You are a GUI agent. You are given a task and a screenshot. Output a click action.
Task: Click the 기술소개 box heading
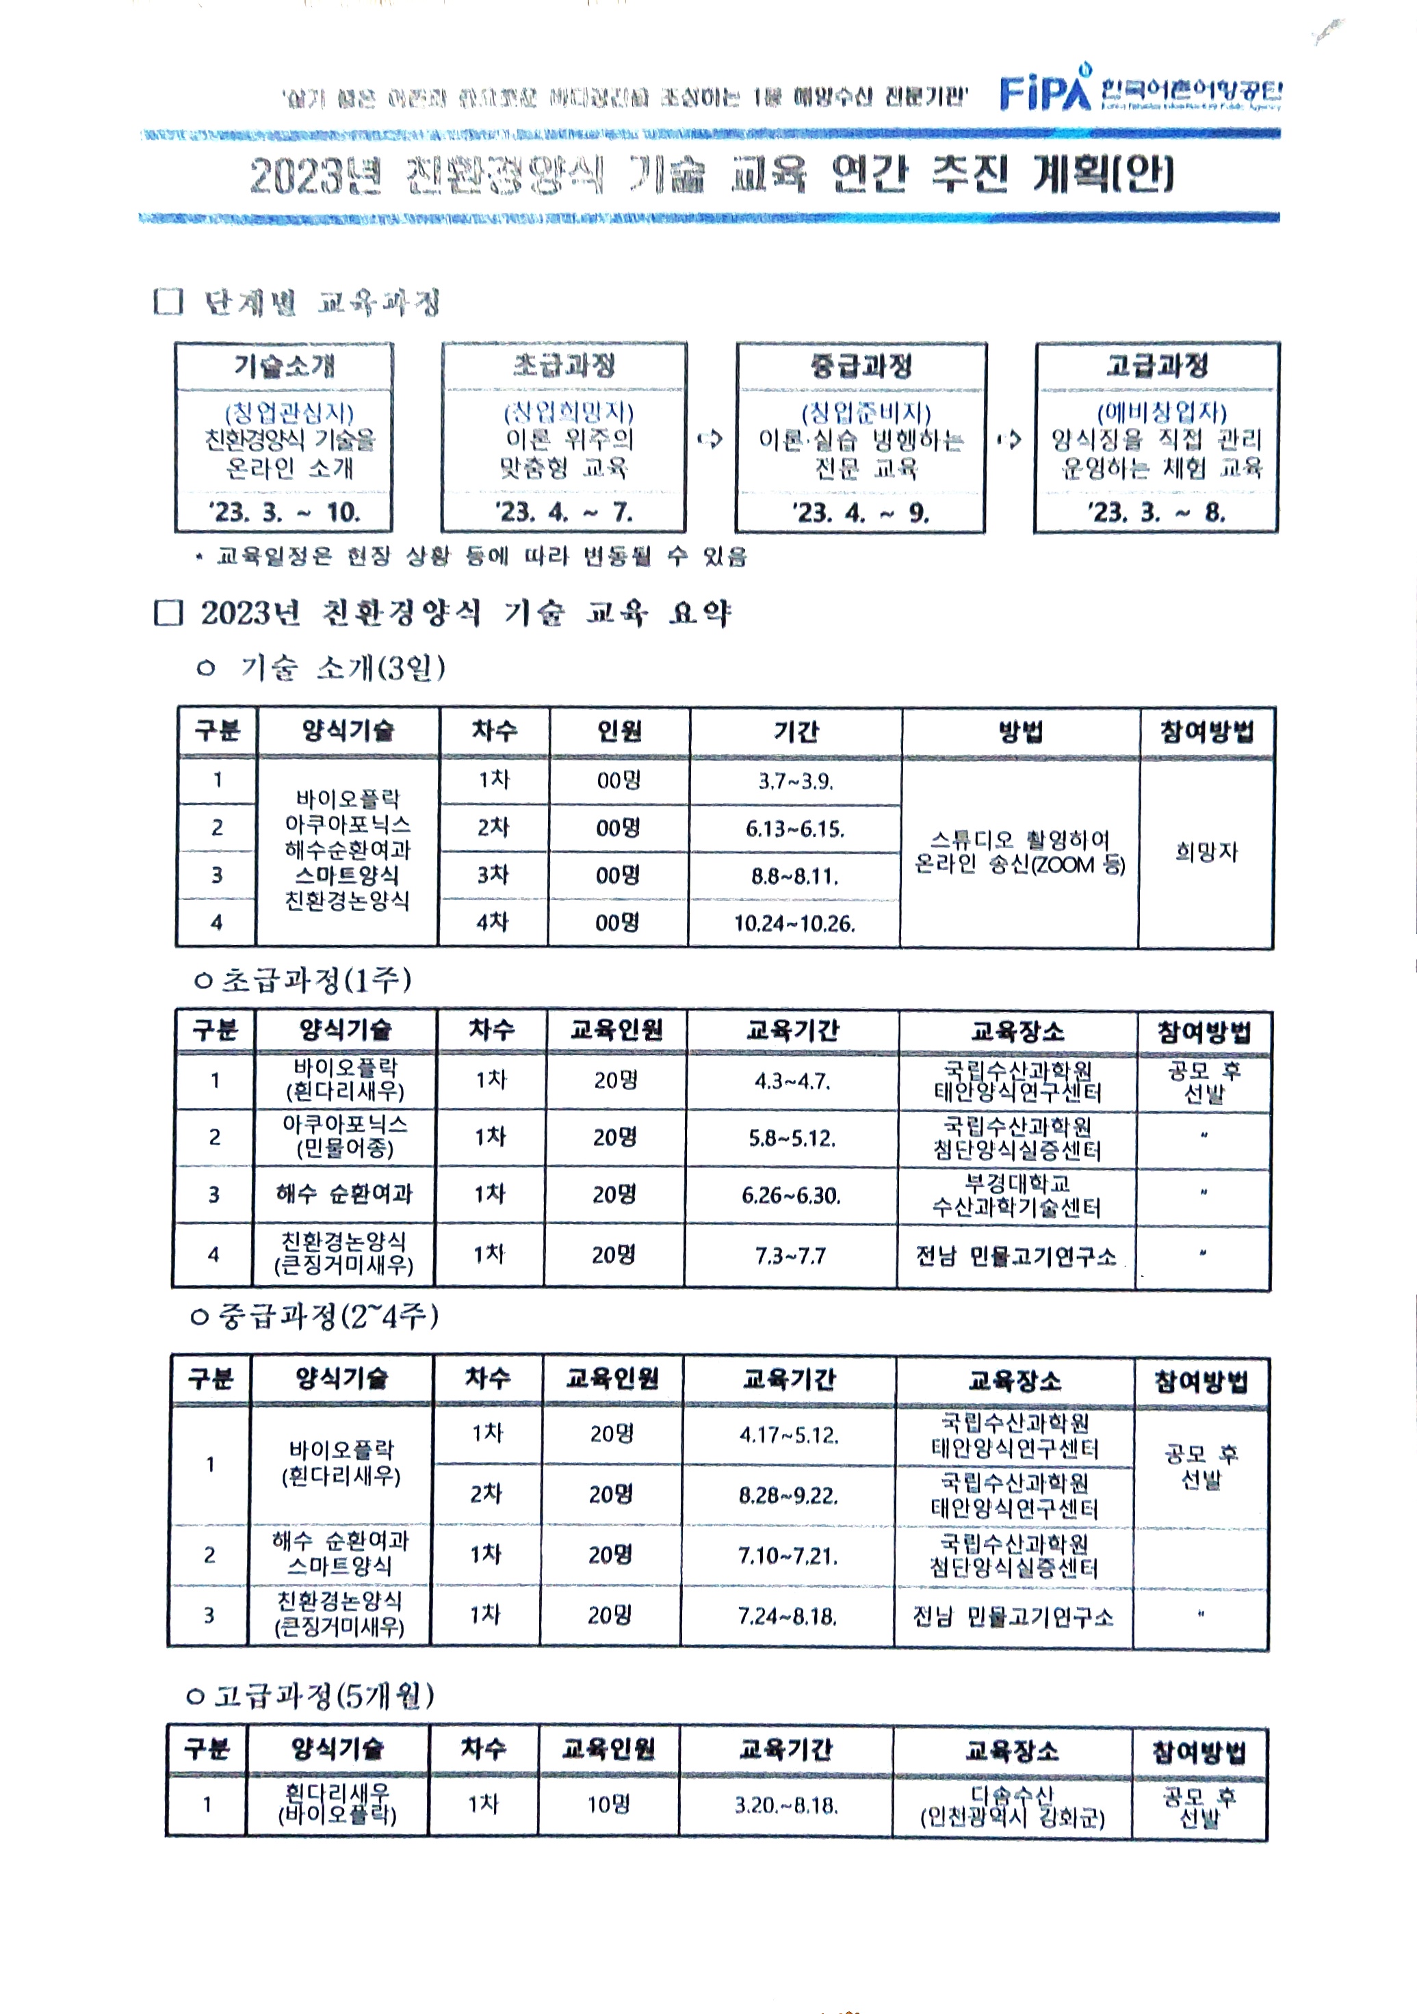(284, 365)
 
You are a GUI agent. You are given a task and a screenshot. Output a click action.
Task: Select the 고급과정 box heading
(1156, 365)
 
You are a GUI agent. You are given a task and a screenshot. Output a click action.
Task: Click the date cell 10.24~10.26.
(794, 923)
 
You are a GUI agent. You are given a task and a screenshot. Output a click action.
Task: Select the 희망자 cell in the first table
(1206, 851)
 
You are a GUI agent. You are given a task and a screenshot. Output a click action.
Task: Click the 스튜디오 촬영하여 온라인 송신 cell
(1019, 851)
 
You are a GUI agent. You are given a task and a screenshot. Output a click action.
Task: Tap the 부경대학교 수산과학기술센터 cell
(1016, 1195)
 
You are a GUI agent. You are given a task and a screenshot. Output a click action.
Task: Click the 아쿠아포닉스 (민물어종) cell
(345, 1136)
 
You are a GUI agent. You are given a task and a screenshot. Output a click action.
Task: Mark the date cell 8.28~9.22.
(788, 1495)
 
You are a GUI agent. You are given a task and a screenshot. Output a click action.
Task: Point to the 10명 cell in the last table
(608, 1804)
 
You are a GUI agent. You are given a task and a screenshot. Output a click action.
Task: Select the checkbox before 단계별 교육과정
(168, 302)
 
